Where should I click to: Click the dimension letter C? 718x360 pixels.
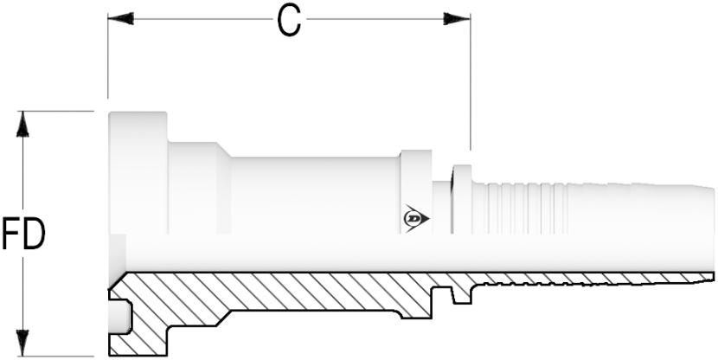(x=290, y=22)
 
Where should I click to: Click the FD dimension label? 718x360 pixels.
(x=23, y=234)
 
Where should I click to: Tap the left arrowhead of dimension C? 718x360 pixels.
(x=121, y=19)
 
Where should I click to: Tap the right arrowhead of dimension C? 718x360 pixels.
(x=457, y=19)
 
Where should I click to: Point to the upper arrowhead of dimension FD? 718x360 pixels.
(x=22, y=124)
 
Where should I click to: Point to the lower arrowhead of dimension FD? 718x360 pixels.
(x=22, y=343)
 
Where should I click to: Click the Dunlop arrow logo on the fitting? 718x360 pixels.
(x=416, y=218)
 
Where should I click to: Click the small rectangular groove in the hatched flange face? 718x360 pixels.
(x=120, y=317)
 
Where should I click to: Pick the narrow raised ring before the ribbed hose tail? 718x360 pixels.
(x=462, y=199)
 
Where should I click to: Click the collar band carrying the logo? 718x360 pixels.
(x=416, y=192)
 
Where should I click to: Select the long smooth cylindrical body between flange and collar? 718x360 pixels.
(x=315, y=196)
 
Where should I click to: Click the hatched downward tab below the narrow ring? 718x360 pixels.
(x=462, y=294)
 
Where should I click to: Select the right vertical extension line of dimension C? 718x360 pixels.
(x=471, y=82)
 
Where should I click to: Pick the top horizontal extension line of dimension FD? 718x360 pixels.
(x=55, y=111)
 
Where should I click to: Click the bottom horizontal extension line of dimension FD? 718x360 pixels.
(x=55, y=357)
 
